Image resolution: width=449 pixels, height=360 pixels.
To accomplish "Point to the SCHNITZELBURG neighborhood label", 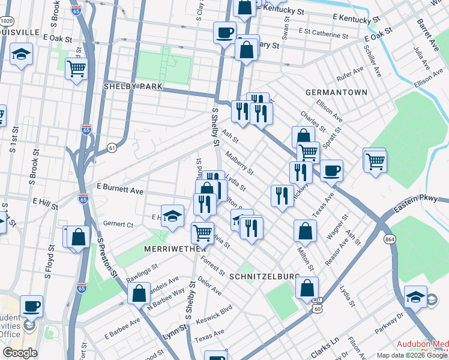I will pos(265,276).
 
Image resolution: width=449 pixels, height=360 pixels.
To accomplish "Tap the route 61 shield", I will pos(112,147).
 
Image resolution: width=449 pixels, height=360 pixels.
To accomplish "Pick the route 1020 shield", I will pos(7,21).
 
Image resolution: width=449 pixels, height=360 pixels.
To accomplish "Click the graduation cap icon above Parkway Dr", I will pos(416,298).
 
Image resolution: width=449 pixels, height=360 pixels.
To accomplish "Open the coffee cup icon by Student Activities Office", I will pos(31,305).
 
